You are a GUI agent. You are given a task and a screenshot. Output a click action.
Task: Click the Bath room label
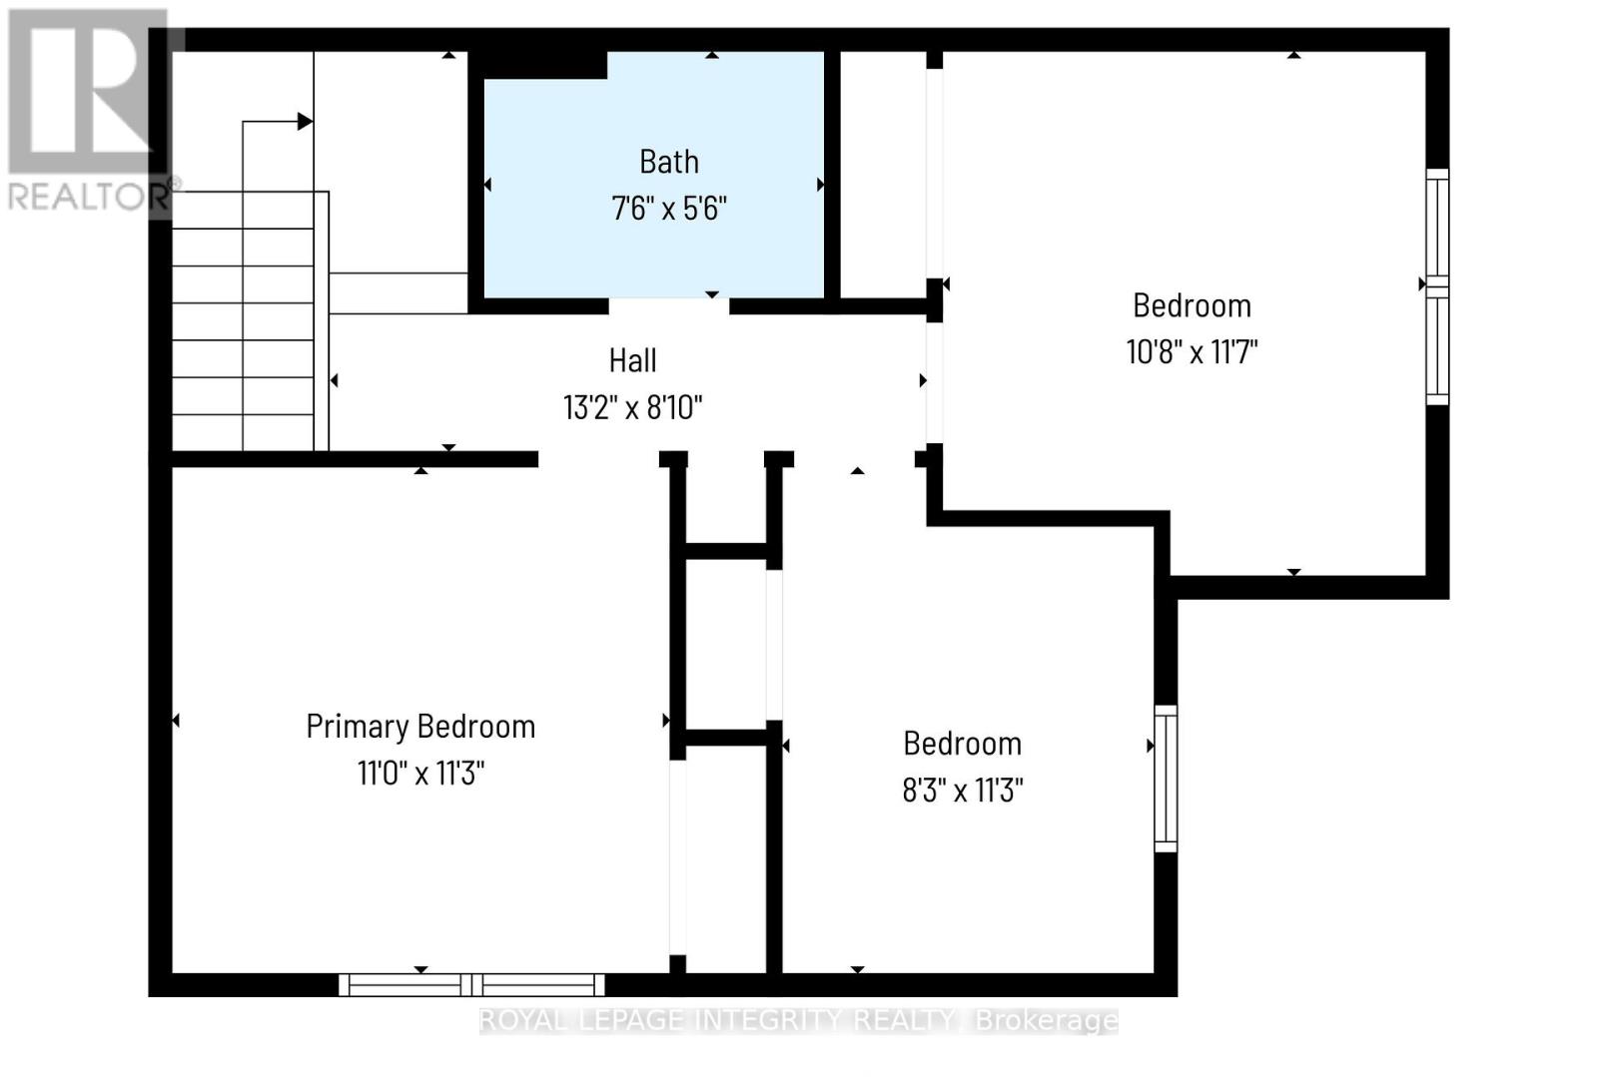tap(668, 162)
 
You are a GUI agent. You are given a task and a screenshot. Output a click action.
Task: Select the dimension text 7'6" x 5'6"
tap(668, 209)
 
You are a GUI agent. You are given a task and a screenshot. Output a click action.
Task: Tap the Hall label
tap(633, 360)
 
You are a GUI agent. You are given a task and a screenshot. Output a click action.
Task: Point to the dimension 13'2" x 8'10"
tap(633, 407)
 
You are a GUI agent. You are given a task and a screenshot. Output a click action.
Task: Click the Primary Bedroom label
tap(420, 727)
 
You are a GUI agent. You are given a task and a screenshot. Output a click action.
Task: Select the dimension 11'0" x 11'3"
tap(420, 774)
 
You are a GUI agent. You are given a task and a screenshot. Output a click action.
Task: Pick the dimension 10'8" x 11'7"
tap(1192, 351)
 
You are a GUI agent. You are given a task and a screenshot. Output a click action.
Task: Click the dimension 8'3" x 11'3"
tap(962, 791)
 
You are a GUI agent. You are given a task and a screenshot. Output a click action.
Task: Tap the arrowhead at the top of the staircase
tap(305, 122)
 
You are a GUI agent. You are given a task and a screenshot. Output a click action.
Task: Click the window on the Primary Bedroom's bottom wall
tap(471, 984)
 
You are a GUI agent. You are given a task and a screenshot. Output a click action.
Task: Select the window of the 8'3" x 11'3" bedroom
tap(1166, 779)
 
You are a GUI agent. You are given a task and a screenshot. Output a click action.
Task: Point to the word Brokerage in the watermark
tap(1046, 1020)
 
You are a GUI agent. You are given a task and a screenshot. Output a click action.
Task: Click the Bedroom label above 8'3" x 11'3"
tap(962, 744)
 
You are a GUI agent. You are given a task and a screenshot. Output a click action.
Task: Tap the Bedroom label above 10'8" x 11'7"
tap(1192, 305)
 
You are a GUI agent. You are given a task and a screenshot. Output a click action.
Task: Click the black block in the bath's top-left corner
tap(544, 65)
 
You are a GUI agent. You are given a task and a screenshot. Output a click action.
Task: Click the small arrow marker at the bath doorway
tap(712, 294)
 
